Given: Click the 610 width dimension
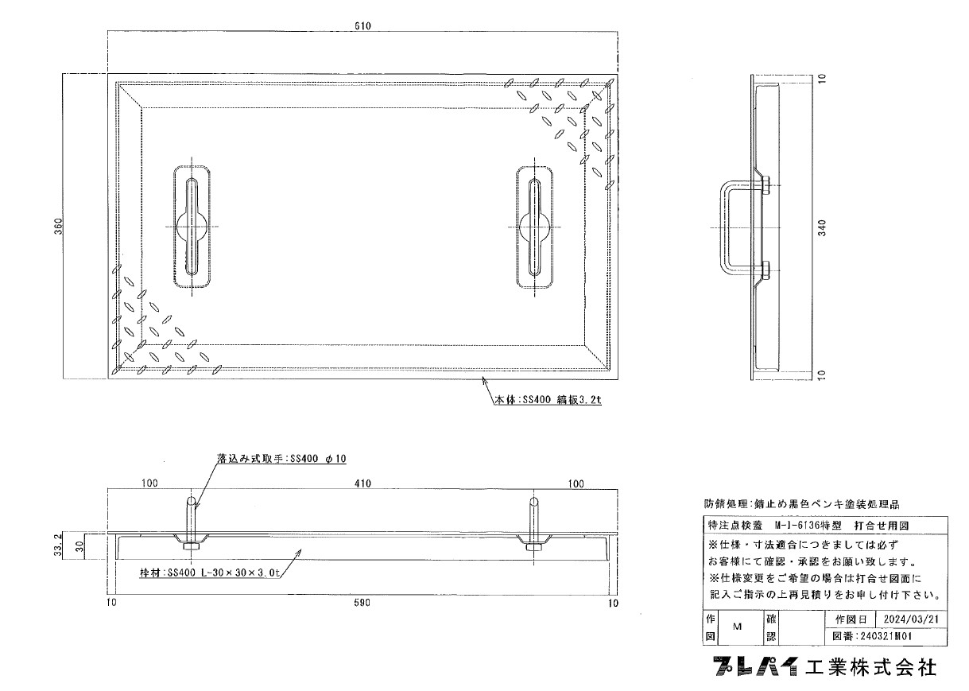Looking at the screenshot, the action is coord(362,26).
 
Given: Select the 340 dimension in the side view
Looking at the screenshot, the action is coord(823,228).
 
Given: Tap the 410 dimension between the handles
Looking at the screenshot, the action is coord(362,483).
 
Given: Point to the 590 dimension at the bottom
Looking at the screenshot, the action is coord(362,602).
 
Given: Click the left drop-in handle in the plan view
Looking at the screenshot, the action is coord(192,227).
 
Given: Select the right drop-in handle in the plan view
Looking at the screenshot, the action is coord(535,227).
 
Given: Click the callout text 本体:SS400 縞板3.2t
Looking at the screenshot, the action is coord(548,400).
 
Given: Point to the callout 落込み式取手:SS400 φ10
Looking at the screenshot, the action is coord(281,459).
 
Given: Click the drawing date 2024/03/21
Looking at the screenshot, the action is coord(912,619).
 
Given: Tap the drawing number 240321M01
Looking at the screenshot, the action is coord(885,636).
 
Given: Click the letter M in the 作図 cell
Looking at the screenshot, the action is coord(738,627).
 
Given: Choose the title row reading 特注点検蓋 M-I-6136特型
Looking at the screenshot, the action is coord(775,526).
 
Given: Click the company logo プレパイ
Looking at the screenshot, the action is coord(755,666).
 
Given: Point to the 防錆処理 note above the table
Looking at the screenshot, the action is coord(801,504).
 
